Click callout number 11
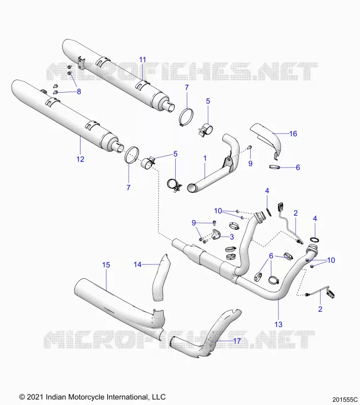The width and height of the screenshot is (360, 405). [143, 60]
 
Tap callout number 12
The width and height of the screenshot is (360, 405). [81, 159]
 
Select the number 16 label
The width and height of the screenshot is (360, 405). [293, 134]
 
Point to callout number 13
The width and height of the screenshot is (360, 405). [278, 324]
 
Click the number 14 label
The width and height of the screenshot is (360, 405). [138, 264]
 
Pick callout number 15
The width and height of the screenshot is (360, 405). [106, 265]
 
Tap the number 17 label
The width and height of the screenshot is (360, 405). [237, 341]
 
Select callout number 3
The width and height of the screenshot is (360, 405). [232, 236]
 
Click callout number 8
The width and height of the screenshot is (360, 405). [79, 92]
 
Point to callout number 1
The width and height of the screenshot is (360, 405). [205, 158]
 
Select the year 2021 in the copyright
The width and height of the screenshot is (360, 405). [35, 397]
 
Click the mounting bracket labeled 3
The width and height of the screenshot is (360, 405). [216, 234]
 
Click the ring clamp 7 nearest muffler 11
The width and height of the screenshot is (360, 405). [186, 117]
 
